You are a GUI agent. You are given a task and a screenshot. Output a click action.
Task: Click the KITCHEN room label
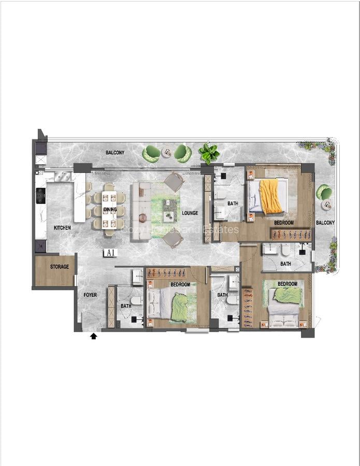pos(62,228)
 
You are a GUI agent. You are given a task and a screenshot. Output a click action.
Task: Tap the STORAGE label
pos(60,267)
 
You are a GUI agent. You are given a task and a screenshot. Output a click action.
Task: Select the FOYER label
pos(90,295)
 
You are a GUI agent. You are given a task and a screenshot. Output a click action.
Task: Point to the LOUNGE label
pos(190,213)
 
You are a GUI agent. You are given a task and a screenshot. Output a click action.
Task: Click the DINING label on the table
pos(110,210)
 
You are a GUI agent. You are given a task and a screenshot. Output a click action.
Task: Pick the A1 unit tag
pos(109,253)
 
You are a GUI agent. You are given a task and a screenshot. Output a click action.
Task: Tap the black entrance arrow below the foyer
pos(94,337)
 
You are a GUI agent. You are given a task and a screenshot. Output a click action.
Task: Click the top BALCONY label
pos(114,153)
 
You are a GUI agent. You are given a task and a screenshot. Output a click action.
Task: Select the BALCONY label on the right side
pos(325,223)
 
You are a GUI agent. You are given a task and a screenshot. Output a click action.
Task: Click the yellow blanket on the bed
pos(270,196)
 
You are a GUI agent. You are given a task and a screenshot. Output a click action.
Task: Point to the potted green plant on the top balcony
pos(209,152)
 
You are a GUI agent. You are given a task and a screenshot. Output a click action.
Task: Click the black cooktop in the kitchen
pos(40,196)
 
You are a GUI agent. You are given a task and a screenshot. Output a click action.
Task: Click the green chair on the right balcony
pos(325,192)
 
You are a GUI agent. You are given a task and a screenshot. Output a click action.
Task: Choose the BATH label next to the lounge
pos(233,203)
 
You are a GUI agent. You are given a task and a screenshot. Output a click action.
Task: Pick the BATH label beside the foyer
pos(126,306)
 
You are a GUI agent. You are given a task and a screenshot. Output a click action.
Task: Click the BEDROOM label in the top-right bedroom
pos(284,223)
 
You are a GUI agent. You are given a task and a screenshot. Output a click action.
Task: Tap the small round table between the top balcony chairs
pos(166,153)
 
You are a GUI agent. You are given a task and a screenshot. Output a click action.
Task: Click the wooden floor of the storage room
pos(54,277)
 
